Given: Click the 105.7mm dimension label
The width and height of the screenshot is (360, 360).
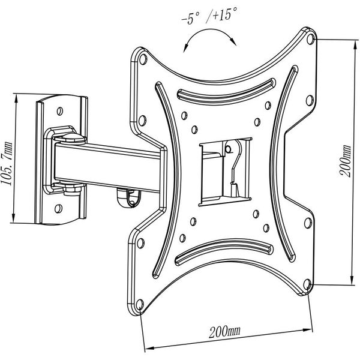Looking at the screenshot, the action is (x=7, y=164).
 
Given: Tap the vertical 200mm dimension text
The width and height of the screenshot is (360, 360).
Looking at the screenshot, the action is (x=346, y=161).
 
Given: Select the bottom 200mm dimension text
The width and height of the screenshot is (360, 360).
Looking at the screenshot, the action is (x=224, y=332).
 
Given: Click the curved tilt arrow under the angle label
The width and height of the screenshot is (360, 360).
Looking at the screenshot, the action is (x=210, y=29).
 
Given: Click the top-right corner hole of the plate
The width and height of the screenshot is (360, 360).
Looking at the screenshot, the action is (x=310, y=38).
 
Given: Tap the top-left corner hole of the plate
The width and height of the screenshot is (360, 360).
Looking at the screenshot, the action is (x=143, y=59).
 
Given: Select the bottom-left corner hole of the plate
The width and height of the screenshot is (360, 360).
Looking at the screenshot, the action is (x=140, y=305).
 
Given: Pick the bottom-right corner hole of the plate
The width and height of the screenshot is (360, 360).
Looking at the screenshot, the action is (x=307, y=284).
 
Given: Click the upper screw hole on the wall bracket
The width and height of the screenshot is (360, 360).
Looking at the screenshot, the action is (x=59, y=111).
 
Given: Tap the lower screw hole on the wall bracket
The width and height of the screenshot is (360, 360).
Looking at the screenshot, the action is (x=58, y=208).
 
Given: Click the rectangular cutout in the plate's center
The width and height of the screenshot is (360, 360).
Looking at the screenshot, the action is (x=226, y=172).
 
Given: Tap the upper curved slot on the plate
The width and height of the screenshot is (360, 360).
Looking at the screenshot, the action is (x=226, y=92).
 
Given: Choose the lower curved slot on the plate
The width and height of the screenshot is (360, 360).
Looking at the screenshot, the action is (x=224, y=251).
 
